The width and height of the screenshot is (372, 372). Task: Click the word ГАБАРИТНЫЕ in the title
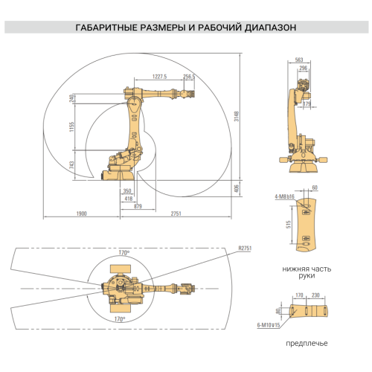(104, 28)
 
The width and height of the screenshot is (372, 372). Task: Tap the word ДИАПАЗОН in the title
(267, 28)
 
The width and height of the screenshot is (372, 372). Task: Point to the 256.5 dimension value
(189, 76)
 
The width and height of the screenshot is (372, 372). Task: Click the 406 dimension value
(237, 189)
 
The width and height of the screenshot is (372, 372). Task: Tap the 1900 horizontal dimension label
(81, 214)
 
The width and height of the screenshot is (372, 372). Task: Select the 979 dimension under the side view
(138, 206)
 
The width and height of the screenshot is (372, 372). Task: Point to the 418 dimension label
(128, 199)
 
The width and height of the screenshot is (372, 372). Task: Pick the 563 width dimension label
(299, 60)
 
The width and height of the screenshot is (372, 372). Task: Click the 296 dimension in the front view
(304, 68)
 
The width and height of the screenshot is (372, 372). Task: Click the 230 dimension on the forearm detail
(316, 295)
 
